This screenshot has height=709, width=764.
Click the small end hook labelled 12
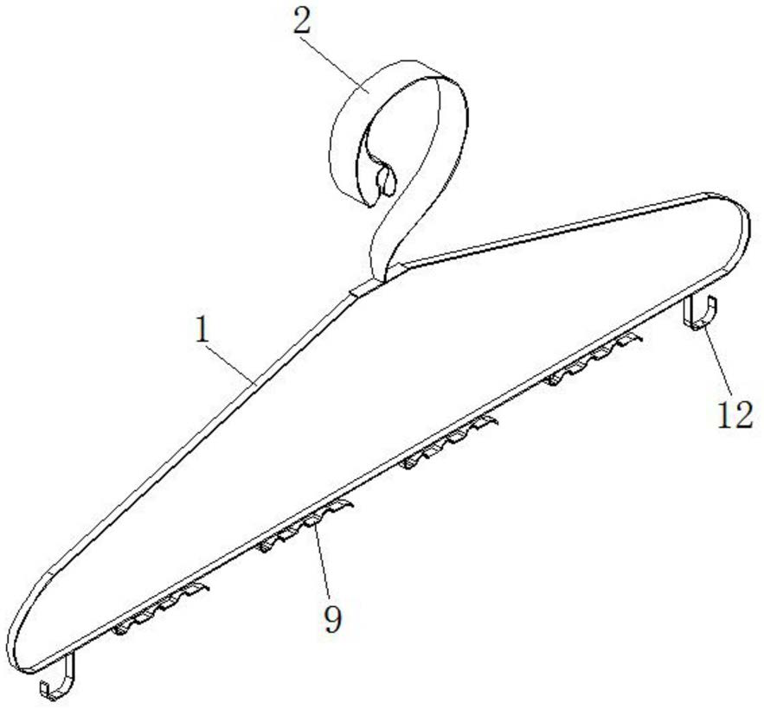pos(703,313)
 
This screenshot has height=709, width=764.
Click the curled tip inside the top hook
pos(386,180)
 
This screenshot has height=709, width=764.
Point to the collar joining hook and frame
pos(367,285)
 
